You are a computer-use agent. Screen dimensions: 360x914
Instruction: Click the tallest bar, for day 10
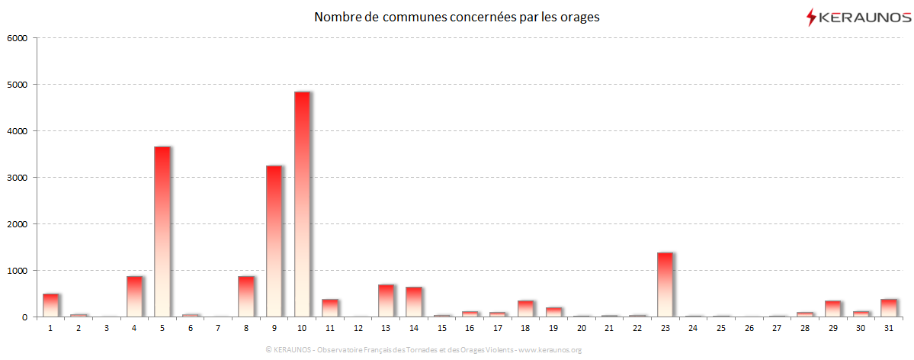tap(302, 204)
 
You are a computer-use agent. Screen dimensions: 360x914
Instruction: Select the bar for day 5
tap(162, 232)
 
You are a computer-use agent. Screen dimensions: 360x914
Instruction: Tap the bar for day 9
tap(274, 241)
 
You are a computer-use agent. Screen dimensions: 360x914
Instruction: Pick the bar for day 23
tap(665, 284)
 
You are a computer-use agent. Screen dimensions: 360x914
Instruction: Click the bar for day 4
tap(134, 297)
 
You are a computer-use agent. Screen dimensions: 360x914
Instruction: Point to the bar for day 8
tap(245, 297)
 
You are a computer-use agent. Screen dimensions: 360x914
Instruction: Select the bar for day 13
tap(386, 301)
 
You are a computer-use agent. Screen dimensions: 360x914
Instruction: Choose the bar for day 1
tap(50, 305)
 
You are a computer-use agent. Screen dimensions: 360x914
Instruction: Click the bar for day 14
tap(413, 302)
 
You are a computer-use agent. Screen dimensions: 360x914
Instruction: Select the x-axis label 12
tap(358, 327)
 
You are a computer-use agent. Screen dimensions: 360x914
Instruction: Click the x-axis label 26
tap(749, 327)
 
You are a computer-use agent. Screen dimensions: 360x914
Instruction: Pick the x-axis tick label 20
tap(581, 327)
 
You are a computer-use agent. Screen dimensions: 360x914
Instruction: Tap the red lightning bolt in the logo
tap(811, 17)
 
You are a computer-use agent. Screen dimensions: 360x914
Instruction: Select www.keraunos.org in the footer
tap(550, 350)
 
